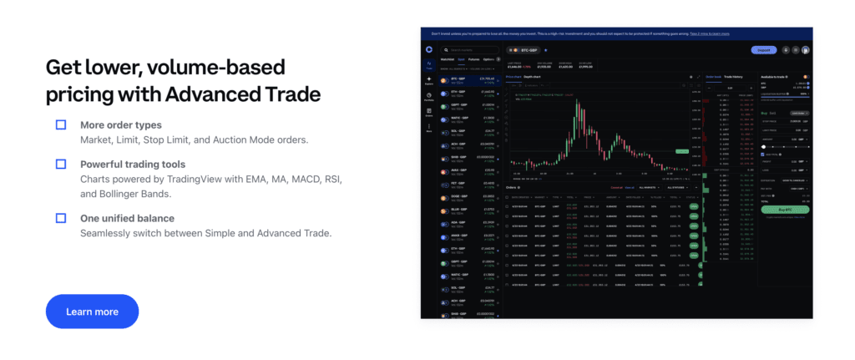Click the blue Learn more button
tap(92, 312)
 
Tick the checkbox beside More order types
tap(61, 124)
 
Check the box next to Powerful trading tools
tap(61, 164)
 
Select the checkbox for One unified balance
tap(61, 218)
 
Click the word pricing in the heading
tap(83, 94)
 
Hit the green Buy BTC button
tap(785, 210)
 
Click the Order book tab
tap(714, 76)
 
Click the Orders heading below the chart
tap(512, 188)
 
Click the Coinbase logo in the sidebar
tap(429, 49)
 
